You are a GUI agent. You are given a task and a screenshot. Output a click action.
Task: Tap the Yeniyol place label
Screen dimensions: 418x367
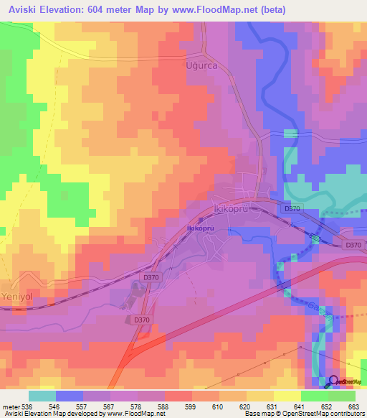point(17,278)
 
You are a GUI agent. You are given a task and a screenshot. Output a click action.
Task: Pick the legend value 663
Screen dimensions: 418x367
point(353,406)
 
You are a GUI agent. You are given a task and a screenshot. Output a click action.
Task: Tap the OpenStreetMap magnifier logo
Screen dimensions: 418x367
point(333,382)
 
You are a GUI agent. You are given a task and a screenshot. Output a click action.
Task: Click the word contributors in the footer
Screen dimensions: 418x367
point(345,414)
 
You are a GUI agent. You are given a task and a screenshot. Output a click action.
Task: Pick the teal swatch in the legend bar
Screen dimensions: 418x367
point(42,396)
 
